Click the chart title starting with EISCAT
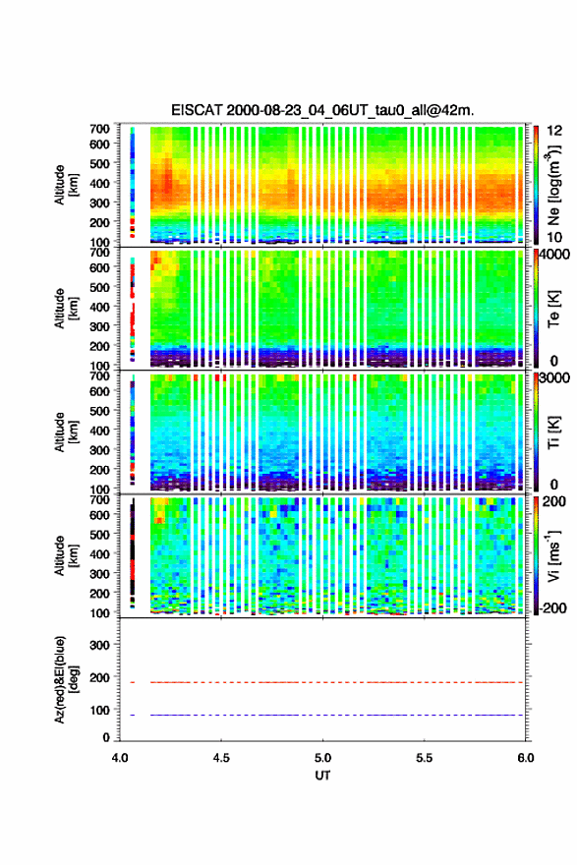click(x=322, y=110)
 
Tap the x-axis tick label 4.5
click(x=221, y=758)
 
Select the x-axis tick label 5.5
click(x=425, y=758)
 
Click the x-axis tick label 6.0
click(x=526, y=758)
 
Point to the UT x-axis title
click(x=322, y=776)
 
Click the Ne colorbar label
click(x=554, y=185)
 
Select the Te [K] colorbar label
click(x=553, y=309)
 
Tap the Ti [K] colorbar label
click(x=553, y=432)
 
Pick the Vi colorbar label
click(x=554, y=555)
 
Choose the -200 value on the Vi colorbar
click(x=553, y=607)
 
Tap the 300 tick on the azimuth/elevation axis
click(x=100, y=645)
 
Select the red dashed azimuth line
click(x=336, y=682)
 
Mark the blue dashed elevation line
click(x=336, y=715)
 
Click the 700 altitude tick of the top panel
click(x=100, y=129)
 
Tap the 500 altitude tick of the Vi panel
click(x=100, y=534)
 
